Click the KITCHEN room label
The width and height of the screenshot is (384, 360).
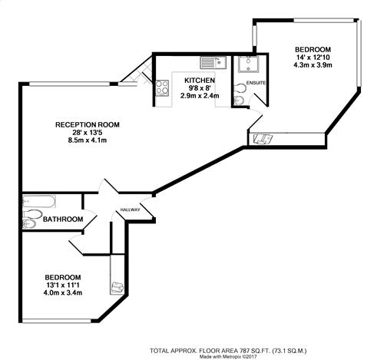pos(200,81)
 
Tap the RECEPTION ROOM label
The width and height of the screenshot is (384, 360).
pos(88,125)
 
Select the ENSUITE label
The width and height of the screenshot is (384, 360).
pos(256,83)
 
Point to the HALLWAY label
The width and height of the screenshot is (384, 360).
pos(131,210)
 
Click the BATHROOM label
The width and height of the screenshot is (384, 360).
pos(63,220)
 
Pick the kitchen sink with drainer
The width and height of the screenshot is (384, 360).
pos(213,63)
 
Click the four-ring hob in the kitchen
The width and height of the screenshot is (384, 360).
pos(162,88)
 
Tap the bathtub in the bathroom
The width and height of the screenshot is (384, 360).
pos(39,202)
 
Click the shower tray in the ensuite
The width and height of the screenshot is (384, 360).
pos(248,64)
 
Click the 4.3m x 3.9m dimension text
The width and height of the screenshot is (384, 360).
pos(313,65)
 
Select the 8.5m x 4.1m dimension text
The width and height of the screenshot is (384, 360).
pos(88,140)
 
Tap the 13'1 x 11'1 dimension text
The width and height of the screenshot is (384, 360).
pos(63,285)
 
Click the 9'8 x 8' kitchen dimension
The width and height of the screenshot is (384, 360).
pos(200,88)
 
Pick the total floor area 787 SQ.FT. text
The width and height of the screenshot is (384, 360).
pos(228,351)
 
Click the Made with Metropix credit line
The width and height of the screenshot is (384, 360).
pos(228,356)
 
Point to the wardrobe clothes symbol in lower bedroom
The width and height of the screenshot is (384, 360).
pos(118,287)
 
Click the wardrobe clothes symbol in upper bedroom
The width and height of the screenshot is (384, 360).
pos(263,139)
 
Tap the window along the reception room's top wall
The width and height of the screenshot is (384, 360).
pos(70,84)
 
